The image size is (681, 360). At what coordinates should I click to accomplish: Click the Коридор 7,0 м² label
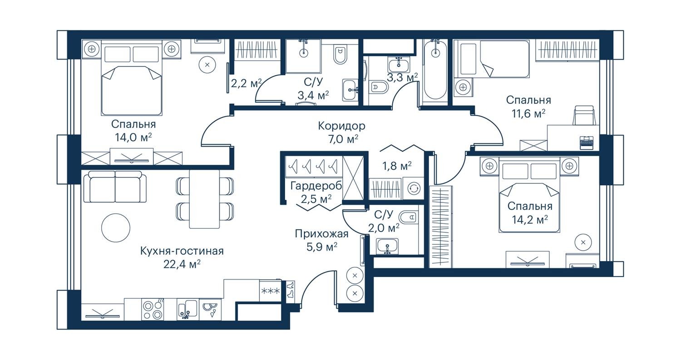pos(341,132)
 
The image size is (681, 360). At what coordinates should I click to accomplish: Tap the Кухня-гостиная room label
pos(182,251)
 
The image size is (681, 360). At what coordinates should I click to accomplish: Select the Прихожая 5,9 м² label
pos(321,240)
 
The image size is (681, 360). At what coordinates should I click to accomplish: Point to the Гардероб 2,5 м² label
pos(316,192)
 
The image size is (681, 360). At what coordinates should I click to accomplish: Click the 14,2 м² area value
pos(530,220)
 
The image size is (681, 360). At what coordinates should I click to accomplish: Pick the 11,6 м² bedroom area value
pos(528,113)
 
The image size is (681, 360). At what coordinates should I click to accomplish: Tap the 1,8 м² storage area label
pos(397,166)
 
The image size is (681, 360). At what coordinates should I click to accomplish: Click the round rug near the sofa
pos(115,228)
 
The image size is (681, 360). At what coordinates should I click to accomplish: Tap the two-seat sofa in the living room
pos(115,187)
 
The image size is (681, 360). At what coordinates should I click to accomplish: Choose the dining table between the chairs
pos(204,199)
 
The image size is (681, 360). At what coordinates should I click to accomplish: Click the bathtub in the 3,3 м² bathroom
pos(435,70)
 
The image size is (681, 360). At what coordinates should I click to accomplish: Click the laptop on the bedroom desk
pos(587,142)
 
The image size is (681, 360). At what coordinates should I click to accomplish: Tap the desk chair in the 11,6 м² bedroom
pos(584,115)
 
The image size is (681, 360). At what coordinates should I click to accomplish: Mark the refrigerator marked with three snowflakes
pos(270,291)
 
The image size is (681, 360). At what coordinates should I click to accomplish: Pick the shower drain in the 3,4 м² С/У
pos(303,53)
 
